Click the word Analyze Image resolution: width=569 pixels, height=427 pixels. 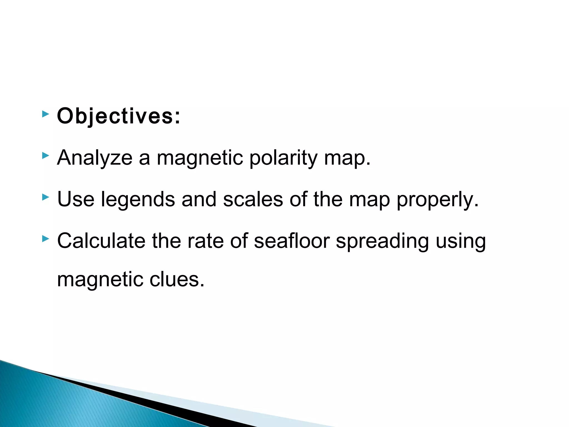(95, 158)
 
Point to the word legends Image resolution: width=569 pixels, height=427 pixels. (138, 200)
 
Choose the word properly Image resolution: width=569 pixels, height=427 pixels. (437, 200)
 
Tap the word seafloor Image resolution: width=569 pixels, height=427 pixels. (292, 240)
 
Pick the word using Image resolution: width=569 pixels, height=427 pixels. (461, 241)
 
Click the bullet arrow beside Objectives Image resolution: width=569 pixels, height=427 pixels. (45, 114)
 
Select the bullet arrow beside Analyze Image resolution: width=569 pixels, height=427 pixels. (45, 156)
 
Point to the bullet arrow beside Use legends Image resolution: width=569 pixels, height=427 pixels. (45, 197)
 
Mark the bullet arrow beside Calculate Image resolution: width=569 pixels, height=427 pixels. (45, 239)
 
